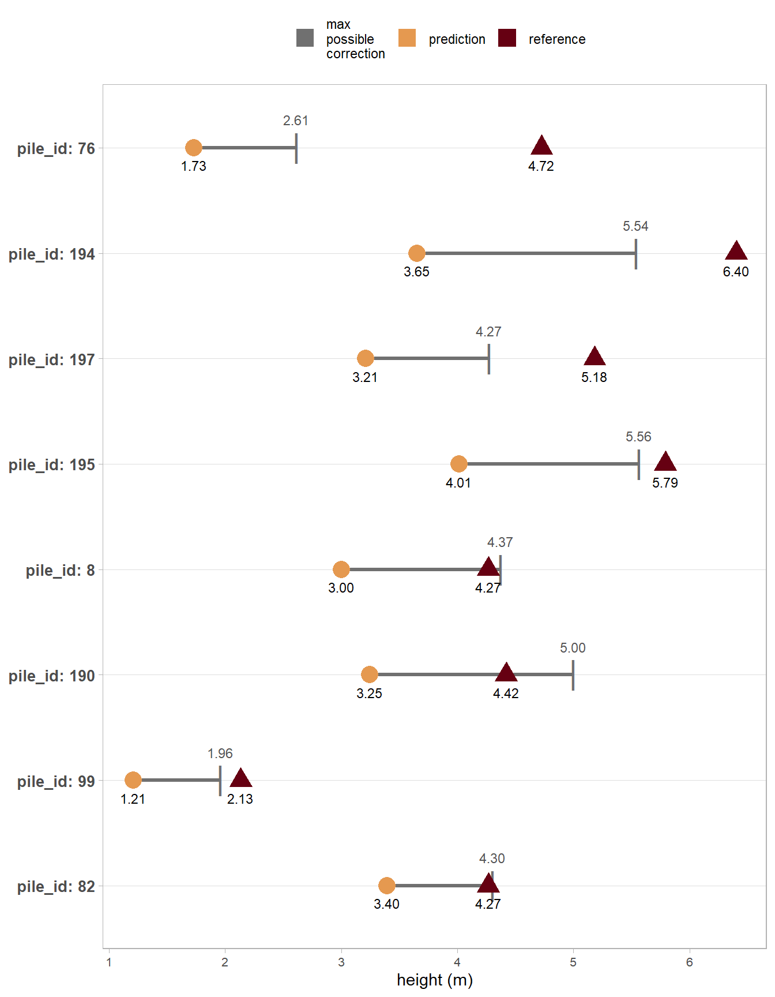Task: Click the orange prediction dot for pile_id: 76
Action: [194, 148]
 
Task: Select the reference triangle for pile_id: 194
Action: [736, 252]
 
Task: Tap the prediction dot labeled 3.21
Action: [365, 358]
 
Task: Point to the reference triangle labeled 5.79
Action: [665, 462]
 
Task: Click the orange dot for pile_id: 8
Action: [341, 569]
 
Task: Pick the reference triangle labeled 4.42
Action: [506, 673]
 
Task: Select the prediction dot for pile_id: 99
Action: [133, 780]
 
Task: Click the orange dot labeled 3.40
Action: [387, 886]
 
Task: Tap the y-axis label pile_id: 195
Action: [52, 465]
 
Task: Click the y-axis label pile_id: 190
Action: [52, 676]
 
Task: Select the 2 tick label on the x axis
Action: [225, 962]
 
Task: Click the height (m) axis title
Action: [435, 980]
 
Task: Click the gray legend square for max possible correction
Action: [305, 38]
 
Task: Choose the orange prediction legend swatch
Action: [407, 38]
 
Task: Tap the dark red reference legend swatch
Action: [507, 38]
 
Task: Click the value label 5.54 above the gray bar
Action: [635, 226]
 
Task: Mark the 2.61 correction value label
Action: [296, 121]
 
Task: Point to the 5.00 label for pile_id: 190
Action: [573, 648]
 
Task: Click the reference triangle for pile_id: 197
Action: [595, 357]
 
